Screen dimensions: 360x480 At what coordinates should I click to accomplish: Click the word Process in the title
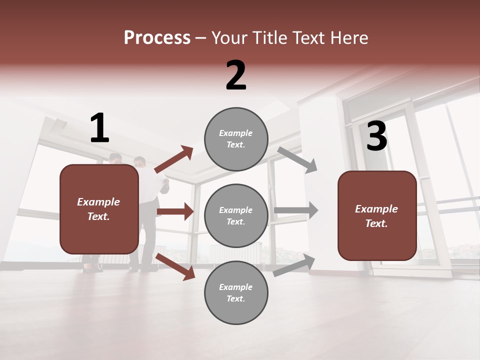coord(157,37)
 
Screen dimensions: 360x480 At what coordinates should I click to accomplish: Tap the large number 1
coord(99,128)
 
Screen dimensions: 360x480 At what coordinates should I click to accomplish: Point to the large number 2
coord(236,75)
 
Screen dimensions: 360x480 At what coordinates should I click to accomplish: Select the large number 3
coord(376,136)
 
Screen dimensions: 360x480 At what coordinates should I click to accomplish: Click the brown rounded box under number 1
coord(99,209)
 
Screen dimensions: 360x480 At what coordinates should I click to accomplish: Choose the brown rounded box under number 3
coord(377,215)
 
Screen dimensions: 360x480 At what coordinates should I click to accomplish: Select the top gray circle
coord(236,138)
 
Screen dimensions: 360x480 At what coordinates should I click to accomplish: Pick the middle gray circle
coord(236,215)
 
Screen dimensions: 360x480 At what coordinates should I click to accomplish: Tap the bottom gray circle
coord(236,292)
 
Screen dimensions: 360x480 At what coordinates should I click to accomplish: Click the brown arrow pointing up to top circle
coord(174,159)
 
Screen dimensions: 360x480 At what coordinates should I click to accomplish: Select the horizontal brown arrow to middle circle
coord(175,211)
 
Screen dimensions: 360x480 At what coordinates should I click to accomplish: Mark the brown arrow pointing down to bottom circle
coord(175,266)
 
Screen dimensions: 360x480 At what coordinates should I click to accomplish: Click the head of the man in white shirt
coord(139,162)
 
